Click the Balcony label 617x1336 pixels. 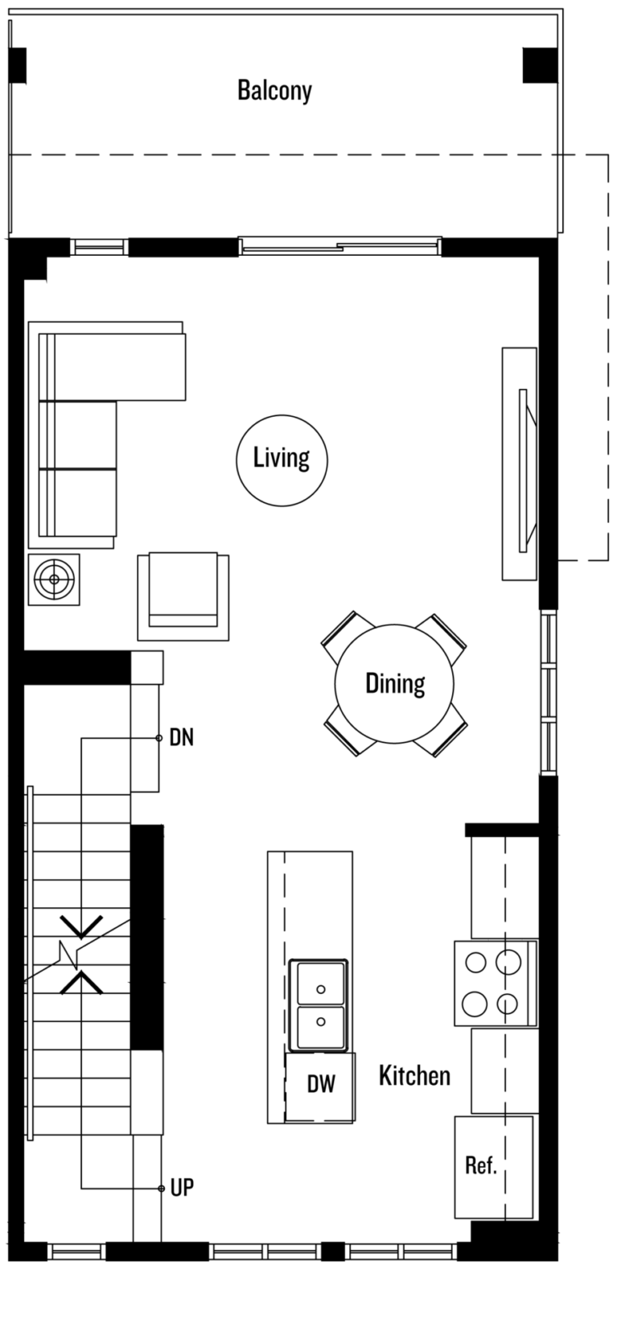pos(274,91)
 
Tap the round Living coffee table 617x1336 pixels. pos(282,460)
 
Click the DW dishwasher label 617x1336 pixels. pos(321,1084)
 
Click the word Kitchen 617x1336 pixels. pos(415,1075)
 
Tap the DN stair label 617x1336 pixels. pos(182,738)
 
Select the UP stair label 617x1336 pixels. pos(183,1188)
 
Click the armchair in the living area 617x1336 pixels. pos(183,597)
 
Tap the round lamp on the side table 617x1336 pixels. pos(54,579)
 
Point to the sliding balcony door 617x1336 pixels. pos(339,245)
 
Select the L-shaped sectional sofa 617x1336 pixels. pos(107,435)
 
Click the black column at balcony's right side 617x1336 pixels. pos(540,65)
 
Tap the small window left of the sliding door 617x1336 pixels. pos(100,246)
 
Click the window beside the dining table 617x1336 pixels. pos(548,693)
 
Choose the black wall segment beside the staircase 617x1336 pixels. pos(146,938)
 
